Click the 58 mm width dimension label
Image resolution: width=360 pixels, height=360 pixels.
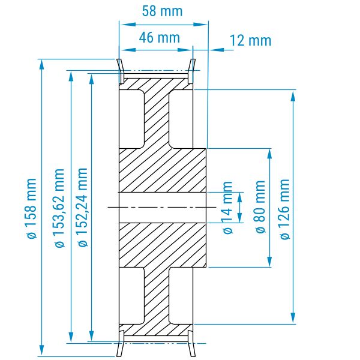[x=163, y=11]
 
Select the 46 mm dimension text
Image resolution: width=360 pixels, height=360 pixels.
[x=160, y=37]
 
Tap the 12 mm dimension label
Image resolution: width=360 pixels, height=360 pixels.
[x=250, y=40]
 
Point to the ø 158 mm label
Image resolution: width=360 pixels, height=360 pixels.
[x=31, y=208]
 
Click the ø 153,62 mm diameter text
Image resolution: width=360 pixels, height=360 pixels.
[x=59, y=208]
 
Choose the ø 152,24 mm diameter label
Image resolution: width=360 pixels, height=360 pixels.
[x=82, y=208]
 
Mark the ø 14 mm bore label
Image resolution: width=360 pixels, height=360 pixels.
[x=228, y=208]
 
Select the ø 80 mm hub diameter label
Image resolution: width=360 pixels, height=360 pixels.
[x=260, y=206]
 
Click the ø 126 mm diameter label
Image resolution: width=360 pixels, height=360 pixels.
[x=285, y=209]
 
